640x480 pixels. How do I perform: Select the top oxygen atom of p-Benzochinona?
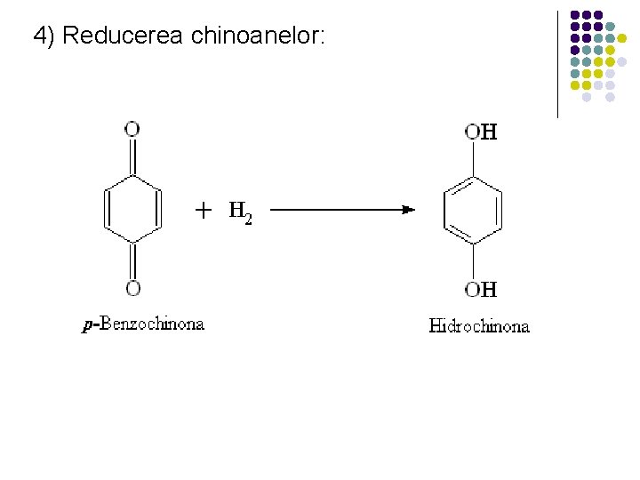132,130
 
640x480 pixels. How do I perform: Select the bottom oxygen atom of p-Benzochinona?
132,287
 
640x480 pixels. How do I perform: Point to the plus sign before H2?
204,211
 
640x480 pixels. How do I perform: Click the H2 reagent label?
240,212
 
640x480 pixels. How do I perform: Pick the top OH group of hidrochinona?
481,132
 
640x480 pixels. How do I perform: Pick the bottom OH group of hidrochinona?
481,289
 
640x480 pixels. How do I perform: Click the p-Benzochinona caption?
143,324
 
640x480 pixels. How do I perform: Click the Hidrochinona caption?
479,325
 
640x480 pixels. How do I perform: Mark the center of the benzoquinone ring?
132,209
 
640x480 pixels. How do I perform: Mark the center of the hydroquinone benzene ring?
473,211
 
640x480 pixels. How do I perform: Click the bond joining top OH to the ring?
473,160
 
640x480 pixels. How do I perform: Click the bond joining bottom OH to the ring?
473,261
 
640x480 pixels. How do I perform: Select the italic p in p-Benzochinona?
86,325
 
